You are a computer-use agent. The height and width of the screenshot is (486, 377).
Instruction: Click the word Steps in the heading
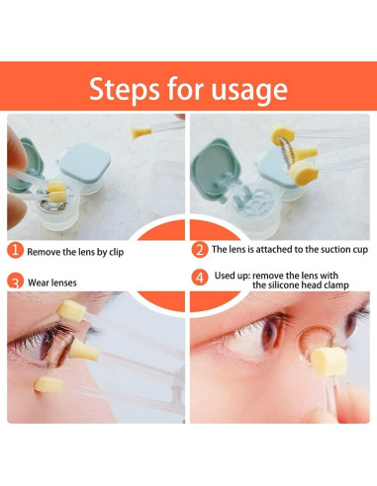tap(125, 89)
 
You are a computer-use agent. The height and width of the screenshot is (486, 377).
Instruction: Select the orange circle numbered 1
tap(15, 250)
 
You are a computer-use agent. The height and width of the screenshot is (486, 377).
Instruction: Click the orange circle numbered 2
tap(200, 250)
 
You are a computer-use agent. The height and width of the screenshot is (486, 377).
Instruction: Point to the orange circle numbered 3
tap(15, 281)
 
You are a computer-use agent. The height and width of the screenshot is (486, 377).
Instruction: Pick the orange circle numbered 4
tap(200, 278)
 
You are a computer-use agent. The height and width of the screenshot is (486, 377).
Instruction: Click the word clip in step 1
tap(117, 253)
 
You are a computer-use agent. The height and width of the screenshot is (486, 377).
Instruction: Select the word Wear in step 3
tap(37, 283)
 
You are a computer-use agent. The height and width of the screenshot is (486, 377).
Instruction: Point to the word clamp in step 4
tap(336, 285)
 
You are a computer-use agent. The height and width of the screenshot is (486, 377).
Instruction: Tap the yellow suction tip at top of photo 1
tap(141, 132)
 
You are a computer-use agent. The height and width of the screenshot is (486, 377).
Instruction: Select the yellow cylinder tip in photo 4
tap(329, 363)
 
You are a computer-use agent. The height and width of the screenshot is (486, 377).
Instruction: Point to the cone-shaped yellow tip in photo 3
tap(84, 351)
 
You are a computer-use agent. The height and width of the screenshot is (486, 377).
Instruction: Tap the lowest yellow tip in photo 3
tap(48, 384)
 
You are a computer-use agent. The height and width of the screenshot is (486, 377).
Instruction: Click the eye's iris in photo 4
tap(269, 333)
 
